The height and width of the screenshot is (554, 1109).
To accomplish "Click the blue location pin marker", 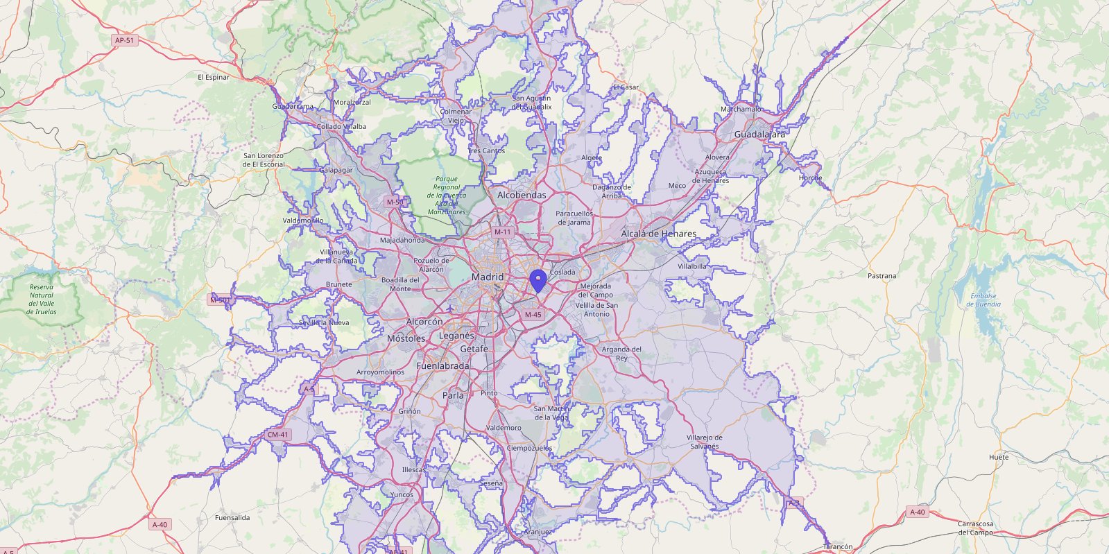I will coord(538,281).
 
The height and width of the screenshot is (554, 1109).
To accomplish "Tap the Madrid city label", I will coord(488,277).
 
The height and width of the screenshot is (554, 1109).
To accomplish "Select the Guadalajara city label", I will coord(759,134).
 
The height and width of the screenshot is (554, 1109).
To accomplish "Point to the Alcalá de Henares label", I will coord(658,234).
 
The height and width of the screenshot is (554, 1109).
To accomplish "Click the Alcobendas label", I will coord(522,196).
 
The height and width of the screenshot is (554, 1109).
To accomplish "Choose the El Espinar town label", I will coord(213,77).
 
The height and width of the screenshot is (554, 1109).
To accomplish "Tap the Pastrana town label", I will coord(882,276).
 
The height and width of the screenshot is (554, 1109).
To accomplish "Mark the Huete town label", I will coord(999,457).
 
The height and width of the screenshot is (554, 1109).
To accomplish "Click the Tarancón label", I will coord(838,546).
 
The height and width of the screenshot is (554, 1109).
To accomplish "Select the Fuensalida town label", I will coord(232,517).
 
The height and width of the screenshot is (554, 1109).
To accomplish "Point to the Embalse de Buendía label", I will coord(983,300).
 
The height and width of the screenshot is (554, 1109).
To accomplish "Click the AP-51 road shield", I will coord(125,40).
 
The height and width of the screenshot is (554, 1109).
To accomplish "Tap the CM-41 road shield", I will coord(277,435).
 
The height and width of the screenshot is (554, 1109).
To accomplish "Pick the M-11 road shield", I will coord(502,232).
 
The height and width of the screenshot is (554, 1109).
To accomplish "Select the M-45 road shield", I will coord(533,314).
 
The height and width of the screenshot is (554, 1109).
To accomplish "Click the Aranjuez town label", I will coord(538,532).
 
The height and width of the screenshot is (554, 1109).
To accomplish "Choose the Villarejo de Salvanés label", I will coord(704,442).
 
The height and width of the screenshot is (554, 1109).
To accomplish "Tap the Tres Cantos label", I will coord(486,150).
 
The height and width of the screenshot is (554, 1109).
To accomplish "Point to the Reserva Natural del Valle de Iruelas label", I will coord(42,299).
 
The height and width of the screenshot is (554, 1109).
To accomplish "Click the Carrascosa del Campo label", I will coord(975,528).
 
